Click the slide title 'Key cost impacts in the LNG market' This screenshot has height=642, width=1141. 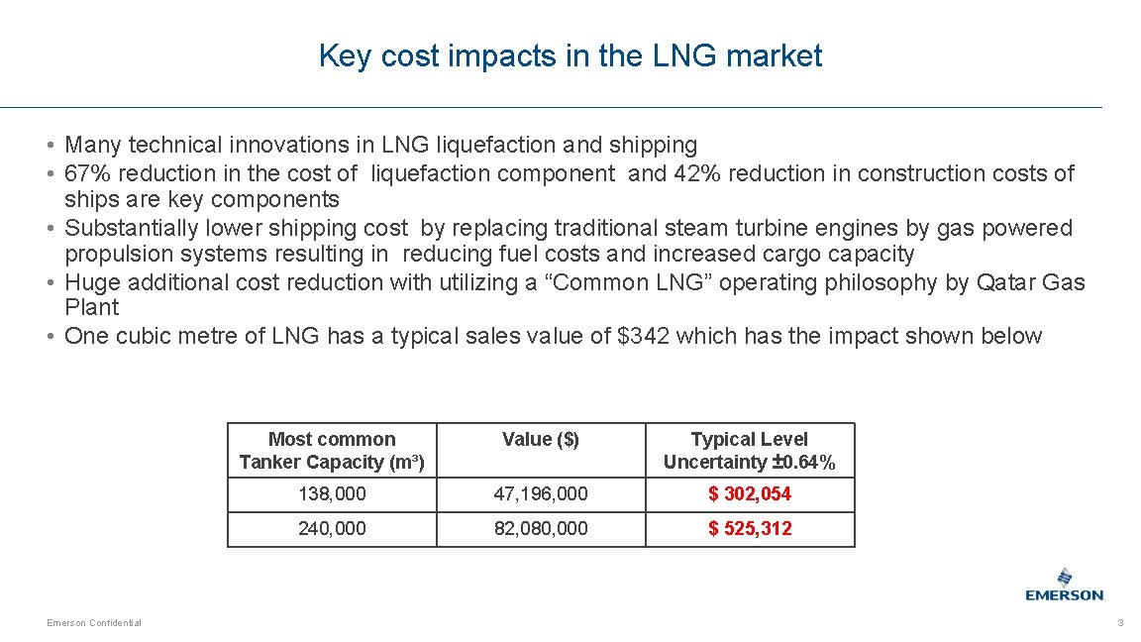coord(570,56)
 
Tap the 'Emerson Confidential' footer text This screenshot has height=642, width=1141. coord(94,622)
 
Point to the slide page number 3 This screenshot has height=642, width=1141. coord(1120,622)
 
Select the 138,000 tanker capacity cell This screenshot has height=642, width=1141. coord(332,493)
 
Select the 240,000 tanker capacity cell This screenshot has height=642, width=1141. coord(332,528)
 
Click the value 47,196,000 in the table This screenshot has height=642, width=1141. coord(541,493)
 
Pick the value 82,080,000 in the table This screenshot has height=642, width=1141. coord(541,528)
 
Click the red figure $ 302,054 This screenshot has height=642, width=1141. coord(750,493)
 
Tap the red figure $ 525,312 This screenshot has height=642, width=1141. coord(750,528)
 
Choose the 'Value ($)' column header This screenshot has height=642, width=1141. coord(541,439)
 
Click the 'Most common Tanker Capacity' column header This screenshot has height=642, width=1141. coord(332,451)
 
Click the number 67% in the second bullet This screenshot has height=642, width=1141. coord(83,173)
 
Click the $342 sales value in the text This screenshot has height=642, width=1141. coord(645,336)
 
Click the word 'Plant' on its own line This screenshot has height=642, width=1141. coord(91,307)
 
